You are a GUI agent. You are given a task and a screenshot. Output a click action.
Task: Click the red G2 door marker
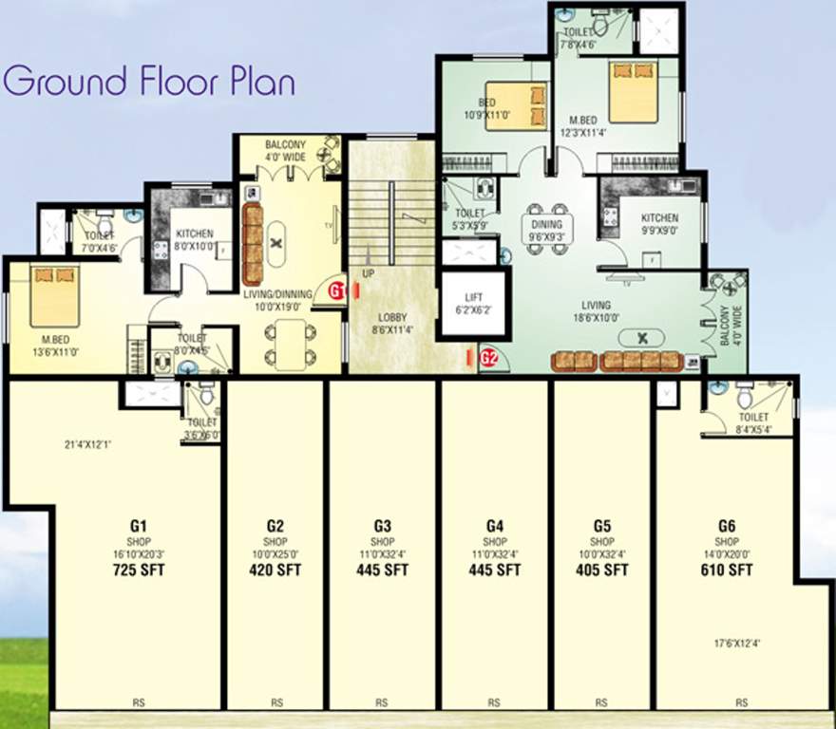tap(489, 358)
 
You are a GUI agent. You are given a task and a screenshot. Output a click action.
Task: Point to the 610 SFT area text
tap(726, 570)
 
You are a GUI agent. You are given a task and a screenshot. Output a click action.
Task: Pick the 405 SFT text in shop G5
tap(601, 570)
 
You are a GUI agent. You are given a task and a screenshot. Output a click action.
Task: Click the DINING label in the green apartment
tap(546, 225)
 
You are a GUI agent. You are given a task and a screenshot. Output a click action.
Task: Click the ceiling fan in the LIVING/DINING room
tap(276, 243)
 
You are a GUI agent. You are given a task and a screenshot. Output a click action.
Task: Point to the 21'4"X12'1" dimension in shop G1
tap(90, 441)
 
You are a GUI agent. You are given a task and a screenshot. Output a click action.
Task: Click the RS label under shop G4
tap(494, 703)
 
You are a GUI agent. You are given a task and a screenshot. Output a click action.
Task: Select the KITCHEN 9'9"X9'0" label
tap(659, 224)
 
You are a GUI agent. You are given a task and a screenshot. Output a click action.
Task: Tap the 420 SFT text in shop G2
tap(275, 570)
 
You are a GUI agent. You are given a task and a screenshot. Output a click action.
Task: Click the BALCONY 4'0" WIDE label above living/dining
tap(285, 152)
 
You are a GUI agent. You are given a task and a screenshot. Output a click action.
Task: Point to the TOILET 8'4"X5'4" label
tap(753, 421)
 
